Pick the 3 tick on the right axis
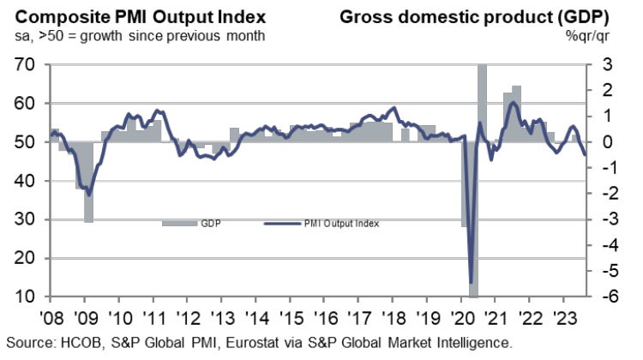click(605, 65)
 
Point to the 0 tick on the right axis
click(605, 142)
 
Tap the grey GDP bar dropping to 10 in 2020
click(473, 257)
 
